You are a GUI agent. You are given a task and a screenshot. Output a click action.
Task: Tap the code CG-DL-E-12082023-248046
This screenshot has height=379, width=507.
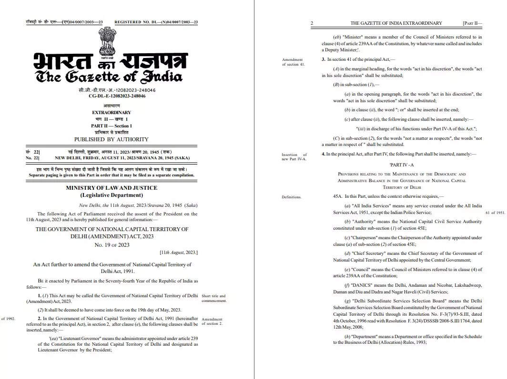(117, 96)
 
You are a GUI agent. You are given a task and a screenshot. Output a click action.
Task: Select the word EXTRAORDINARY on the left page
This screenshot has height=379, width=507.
(111, 113)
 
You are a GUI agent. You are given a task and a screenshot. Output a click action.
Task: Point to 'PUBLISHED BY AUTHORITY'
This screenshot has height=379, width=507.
(111, 139)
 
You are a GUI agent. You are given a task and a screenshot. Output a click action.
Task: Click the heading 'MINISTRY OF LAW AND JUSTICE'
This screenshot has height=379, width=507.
(111, 188)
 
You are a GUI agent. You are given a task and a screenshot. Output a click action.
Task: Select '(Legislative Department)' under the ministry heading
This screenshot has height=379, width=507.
(111, 195)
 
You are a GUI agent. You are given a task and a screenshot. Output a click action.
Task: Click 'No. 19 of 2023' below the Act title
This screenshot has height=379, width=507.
(112, 245)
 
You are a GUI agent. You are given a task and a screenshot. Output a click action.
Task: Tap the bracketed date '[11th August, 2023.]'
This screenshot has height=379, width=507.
(179, 253)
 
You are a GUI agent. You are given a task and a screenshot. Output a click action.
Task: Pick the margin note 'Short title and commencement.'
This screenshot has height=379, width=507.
(213, 298)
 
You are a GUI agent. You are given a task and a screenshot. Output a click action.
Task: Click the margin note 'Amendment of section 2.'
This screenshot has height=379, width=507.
(212, 321)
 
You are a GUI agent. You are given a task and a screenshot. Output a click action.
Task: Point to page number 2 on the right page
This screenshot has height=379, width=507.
(312, 23)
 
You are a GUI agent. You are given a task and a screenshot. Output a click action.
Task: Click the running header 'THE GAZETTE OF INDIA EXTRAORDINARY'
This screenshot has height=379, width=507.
(396, 23)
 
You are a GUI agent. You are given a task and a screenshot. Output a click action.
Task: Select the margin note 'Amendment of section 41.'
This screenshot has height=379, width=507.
(293, 62)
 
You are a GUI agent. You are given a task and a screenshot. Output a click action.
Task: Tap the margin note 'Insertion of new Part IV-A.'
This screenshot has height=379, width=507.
(294, 156)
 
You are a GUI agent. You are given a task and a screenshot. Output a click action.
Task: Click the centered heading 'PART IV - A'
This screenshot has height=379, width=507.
(402, 164)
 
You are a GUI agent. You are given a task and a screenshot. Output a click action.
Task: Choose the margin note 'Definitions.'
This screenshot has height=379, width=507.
(291, 197)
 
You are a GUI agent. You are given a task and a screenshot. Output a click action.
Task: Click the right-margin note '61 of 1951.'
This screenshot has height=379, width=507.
(495, 213)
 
